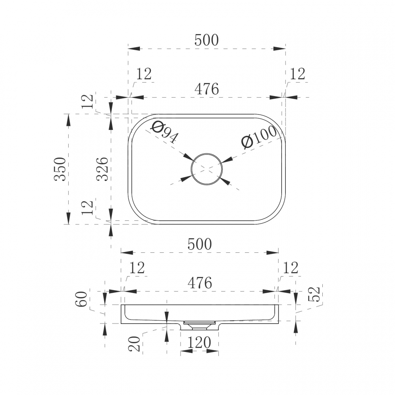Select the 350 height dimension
(60, 169)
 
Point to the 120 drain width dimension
(199, 342)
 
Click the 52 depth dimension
(314, 294)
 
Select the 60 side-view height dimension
(81, 299)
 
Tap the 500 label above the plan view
(207, 40)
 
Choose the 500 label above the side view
(200, 244)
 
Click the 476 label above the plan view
(207, 89)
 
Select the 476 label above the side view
(200, 283)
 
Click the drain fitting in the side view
(199, 325)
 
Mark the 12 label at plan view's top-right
(297, 74)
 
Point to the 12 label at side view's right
(291, 268)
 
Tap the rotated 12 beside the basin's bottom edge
(88, 207)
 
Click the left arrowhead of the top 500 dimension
(134, 49)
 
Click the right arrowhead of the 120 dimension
(213, 351)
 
